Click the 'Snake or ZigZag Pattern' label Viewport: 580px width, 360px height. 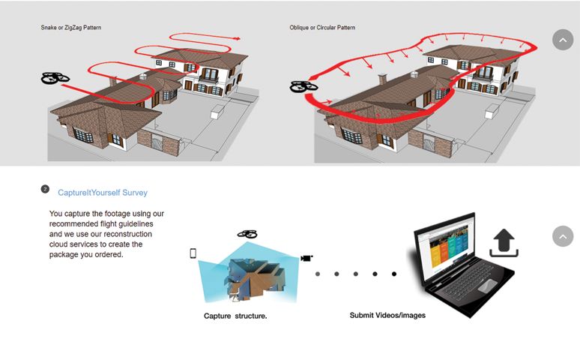pos(71,28)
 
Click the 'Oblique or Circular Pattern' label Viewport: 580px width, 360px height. pos(322,28)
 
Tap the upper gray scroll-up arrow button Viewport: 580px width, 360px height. pos(562,40)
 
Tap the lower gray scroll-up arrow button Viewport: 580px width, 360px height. pos(562,236)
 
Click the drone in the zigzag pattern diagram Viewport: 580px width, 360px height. pos(55,78)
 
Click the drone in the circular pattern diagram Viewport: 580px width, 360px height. pos(303,87)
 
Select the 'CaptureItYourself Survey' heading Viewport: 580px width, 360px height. pos(103,193)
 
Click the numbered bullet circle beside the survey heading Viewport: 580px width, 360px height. pos(45,190)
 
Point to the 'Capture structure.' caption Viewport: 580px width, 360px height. pos(235,316)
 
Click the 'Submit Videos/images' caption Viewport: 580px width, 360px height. pos(387,315)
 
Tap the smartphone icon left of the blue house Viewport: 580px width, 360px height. pos(193,253)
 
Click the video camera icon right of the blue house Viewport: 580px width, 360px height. pos(306,258)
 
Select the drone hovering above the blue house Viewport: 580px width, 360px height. pos(247,235)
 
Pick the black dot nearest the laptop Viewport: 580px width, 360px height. pos(394,274)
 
